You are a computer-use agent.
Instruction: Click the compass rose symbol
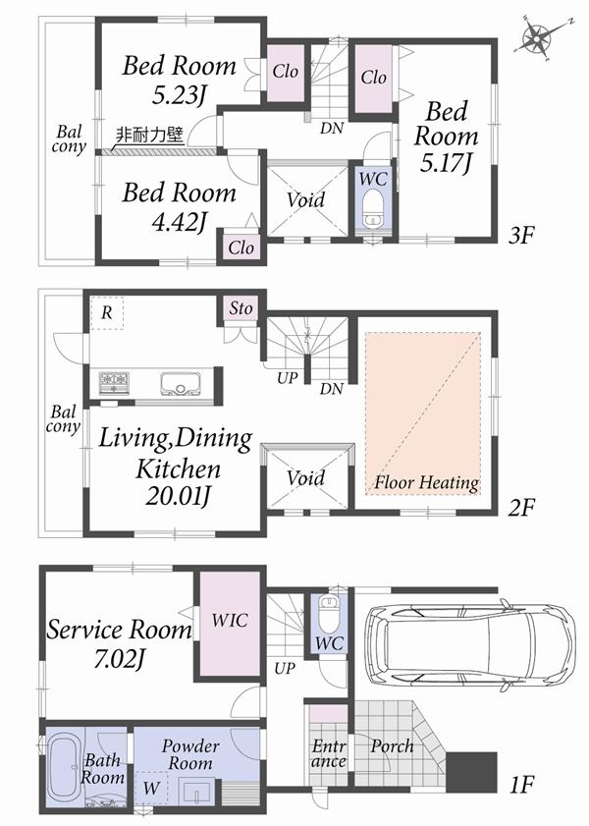[x=538, y=38]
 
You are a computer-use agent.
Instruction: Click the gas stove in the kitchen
[x=113, y=381]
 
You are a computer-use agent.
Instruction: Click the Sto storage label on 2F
[x=241, y=308]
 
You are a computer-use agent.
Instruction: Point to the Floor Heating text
[x=425, y=483]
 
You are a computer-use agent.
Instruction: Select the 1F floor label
[x=521, y=785]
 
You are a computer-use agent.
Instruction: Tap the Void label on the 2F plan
[x=305, y=478]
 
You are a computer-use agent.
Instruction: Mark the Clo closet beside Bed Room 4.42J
[x=241, y=248]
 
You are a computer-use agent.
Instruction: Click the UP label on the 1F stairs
[x=286, y=668]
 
